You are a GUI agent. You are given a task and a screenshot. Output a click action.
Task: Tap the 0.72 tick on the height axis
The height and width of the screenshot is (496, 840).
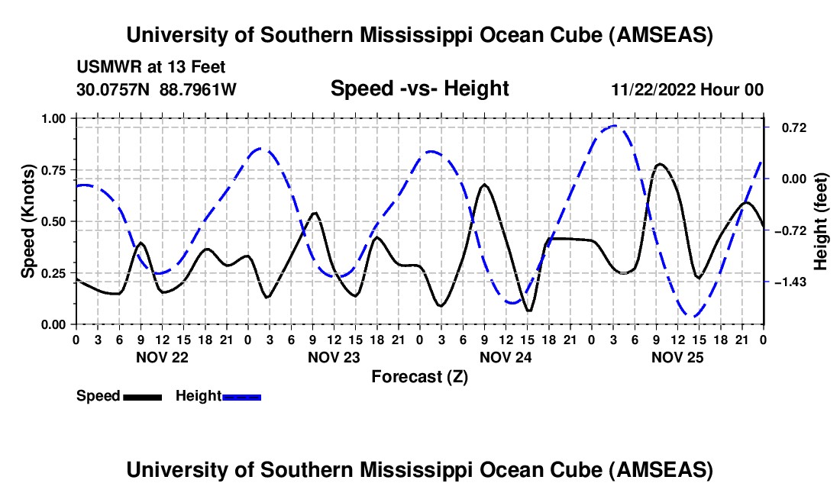(788, 127)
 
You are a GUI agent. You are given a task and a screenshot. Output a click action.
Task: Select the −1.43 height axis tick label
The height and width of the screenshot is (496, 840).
(790, 282)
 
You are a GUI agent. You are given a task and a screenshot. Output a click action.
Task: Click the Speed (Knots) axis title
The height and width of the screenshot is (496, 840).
(28, 221)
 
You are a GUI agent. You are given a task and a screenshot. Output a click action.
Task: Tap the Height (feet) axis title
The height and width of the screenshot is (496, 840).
(821, 221)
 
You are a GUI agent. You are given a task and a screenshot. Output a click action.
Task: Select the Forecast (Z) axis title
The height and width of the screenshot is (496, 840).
(419, 376)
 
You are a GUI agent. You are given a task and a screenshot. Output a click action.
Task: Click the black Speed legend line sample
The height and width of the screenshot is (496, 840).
(142, 396)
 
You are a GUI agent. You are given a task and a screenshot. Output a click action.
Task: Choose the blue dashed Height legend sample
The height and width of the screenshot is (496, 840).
(242, 396)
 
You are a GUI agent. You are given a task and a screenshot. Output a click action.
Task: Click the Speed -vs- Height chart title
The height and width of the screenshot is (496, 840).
(419, 89)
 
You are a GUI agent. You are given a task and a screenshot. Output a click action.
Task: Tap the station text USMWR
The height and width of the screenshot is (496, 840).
(104, 67)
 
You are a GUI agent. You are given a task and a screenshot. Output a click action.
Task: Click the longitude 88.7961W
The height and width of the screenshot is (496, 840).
(198, 89)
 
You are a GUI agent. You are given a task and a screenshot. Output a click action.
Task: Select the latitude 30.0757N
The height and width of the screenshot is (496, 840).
(114, 89)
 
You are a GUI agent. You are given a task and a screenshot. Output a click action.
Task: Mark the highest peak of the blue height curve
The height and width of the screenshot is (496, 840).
(615, 126)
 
